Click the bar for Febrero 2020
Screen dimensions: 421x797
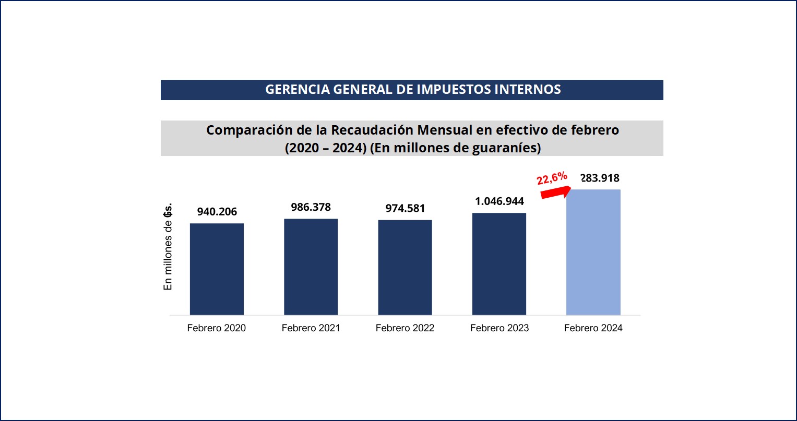click(x=217, y=269)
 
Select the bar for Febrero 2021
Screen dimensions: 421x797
click(x=311, y=267)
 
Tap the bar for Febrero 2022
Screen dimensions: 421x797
click(x=405, y=268)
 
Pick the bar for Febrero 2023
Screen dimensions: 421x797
click(x=499, y=264)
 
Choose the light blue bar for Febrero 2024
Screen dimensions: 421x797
click(x=593, y=252)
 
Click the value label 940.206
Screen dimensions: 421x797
click(x=217, y=212)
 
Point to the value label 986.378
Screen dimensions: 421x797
click(x=311, y=207)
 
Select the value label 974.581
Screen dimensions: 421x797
click(x=405, y=209)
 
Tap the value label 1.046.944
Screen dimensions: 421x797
click(x=499, y=201)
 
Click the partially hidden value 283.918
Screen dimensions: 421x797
click(x=600, y=178)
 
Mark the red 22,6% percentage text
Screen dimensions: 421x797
click(x=552, y=178)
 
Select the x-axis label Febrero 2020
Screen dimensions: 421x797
click(x=217, y=328)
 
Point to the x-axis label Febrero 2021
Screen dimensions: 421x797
click(x=311, y=328)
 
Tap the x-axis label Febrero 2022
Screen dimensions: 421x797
click(x=405, y=328)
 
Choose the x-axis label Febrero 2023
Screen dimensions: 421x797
click(x=499, y=328)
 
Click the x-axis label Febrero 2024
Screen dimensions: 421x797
click(x=593, y=328)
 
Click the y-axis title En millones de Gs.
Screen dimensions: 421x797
click(x=168, y=247)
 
